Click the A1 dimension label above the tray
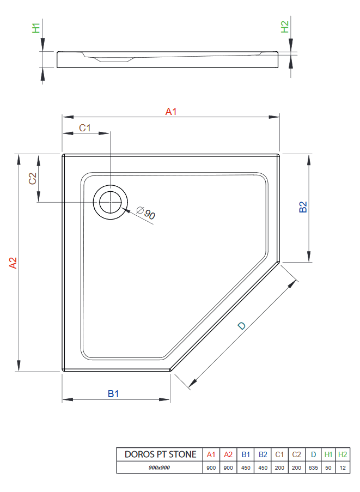(x=172, y=112)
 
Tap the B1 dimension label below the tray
(x=113, y=393)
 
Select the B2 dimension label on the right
(x=303, y=207)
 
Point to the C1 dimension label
(x=86, y=128)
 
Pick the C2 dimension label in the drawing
(x=33, y=178)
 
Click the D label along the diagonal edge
(x=242, y=326)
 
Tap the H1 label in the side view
(x=36, y=28)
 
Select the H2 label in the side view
(x=284, y=27)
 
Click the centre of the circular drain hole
(x=111, y=202)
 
